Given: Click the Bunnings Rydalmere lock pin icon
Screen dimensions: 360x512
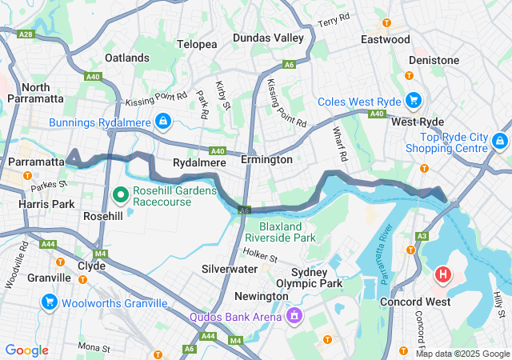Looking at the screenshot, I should click(162, 121).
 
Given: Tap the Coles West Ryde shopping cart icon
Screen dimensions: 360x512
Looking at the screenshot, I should click(413, 101).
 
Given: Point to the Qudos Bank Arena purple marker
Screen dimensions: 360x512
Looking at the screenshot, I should click(294, 316).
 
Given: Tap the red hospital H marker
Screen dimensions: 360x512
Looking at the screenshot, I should click(443, 276).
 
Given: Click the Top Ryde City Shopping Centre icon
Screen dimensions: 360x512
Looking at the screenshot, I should click(500, 141).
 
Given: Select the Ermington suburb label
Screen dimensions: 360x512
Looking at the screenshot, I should click(270, 159).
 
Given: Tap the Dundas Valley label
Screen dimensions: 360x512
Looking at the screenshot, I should click(268, 38).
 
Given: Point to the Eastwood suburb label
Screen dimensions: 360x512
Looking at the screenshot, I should click(386, 39).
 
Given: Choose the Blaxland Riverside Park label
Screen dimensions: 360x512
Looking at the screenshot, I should click(280, 231).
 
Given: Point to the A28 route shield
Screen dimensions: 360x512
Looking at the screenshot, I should click(26, 34).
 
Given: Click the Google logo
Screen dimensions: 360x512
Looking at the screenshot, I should click(26, 350).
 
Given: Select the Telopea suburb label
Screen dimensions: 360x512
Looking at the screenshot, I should click(197, 44).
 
